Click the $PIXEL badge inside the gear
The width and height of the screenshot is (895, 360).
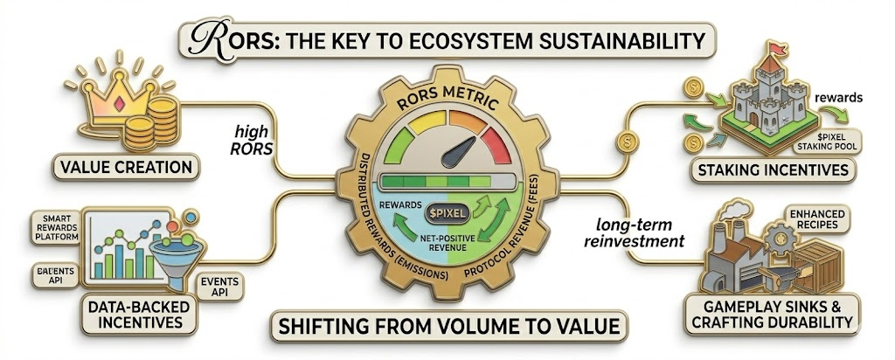446,213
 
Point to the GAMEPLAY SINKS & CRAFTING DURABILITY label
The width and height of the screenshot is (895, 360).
775,313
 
